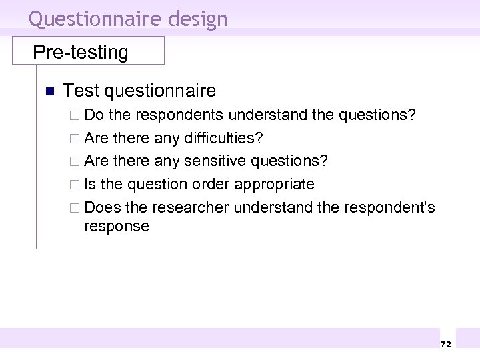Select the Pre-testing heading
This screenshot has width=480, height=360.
81,52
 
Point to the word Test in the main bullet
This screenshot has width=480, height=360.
81,90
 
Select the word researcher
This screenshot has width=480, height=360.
190,207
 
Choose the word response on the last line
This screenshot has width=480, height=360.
117,227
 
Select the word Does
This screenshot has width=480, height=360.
103,207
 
